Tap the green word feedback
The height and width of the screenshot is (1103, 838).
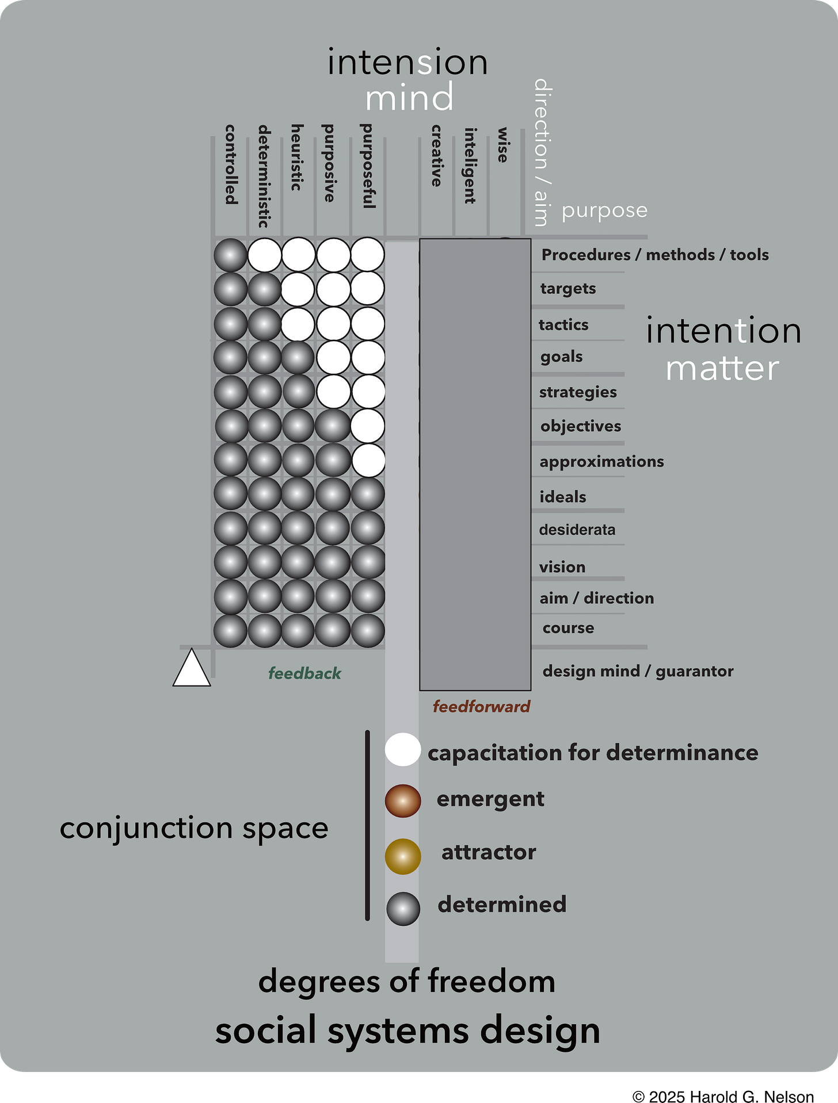coord(304,673)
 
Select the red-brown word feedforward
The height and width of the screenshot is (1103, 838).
coord(481,707)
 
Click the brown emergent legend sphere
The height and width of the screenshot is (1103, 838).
coord(402,801)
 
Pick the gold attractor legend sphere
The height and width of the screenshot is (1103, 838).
coord(402,856)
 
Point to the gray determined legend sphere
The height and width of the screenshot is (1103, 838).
coord(402,909)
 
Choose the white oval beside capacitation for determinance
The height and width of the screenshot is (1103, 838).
coord(402,749)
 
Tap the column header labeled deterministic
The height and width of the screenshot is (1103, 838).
coord(264,176)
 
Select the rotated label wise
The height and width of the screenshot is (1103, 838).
coord(503,145)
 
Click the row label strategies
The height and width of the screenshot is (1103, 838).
coord(578,392)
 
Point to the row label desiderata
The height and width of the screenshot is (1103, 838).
coord(577,530)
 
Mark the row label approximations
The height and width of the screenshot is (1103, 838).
coord(601,461)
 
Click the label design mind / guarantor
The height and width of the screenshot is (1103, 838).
coord(638,671)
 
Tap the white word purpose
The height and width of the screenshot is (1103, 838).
coord(604,210)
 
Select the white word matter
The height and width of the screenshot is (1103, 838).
coord(722,369)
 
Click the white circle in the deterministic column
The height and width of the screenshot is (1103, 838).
coord(264,255)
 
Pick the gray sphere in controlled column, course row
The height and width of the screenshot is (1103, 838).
coord(230,631)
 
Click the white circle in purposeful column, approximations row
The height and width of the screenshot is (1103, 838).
coord(368,460)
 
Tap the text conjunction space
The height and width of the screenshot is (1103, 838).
coord(194,829)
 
